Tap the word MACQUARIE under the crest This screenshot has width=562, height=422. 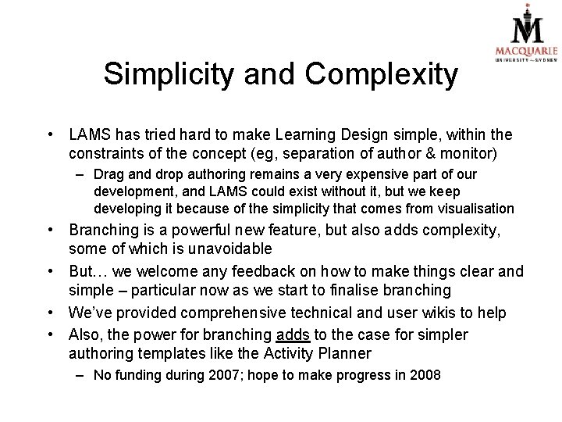[526, 52]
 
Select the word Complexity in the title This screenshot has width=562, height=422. [382, 74]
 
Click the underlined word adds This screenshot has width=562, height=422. [293, 334]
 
